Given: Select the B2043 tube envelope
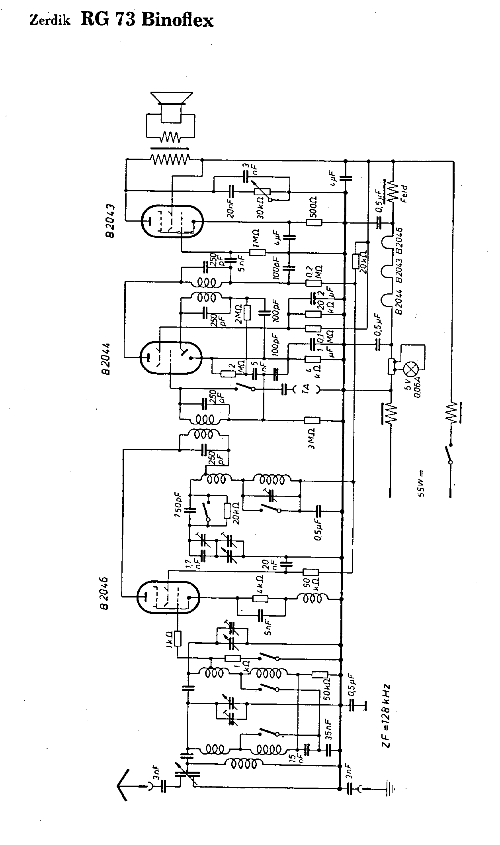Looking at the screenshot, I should (172, 222).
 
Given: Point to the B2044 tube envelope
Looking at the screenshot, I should (171, 357).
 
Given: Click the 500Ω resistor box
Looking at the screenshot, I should (314, 222).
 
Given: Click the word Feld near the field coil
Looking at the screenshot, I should (404, 194).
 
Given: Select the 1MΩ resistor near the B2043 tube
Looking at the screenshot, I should (258, 252).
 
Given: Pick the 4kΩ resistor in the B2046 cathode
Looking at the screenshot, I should (260, 599).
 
